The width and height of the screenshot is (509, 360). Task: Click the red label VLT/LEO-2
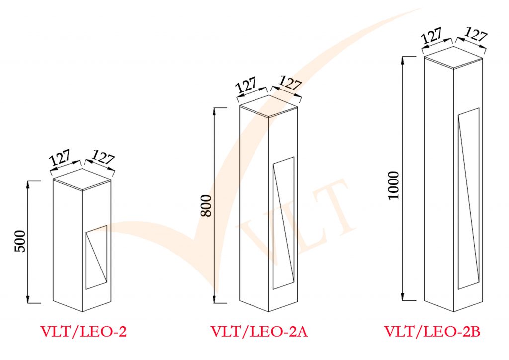pyautogui.click(x=84, y=332)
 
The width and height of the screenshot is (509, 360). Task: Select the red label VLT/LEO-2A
pyautogui.click(x=259, y=332)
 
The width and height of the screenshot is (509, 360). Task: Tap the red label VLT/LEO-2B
pyautogui.click(x=432, y=332)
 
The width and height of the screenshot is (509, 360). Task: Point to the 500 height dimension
pyautogui.click(x=20, y=242)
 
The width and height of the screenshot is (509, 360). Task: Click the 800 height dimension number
pyautogui.click(x=206, y=205)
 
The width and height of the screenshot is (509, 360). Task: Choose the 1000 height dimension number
pyautogui.click(x=393, y=185)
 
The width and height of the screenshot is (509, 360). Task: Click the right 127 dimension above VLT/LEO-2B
pyautogui.click(x=475, y=35)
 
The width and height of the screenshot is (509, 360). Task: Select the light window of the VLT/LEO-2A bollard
pyautogui.click(x=283, y=223)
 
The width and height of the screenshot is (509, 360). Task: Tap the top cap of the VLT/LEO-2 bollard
pyautogui.click(x=82, y=177)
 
